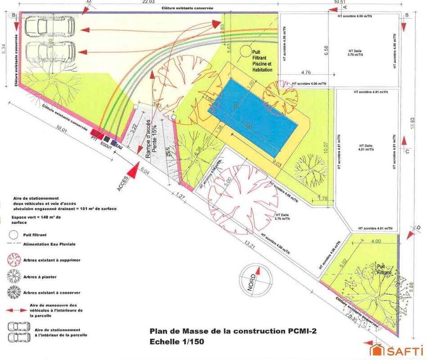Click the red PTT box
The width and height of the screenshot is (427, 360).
(x=96, y=134)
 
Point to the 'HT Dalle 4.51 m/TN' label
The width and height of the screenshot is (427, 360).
(x=366, y=148)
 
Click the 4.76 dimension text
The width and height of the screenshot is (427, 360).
(x=306, y=72)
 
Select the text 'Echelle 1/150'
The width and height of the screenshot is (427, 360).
(x=177, y=342)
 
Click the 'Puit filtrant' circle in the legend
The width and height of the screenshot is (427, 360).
(x=13, y=234)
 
